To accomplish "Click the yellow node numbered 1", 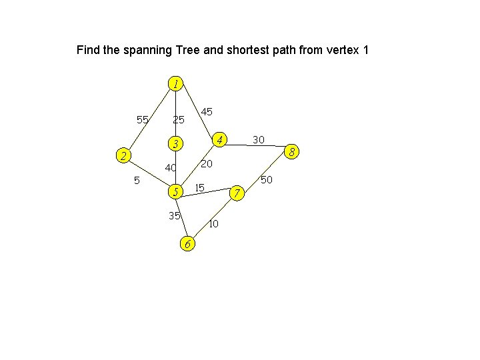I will coord(175,84).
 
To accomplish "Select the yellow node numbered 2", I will coord(121,156).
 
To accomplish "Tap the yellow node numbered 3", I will coord(175,144).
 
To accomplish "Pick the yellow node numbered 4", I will coord(219,139).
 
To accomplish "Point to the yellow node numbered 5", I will coord(175,192).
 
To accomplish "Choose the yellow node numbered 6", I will coord(188,244).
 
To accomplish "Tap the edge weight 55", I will coord(142,120).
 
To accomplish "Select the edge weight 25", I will coord(178,120).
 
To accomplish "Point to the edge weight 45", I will coord(207,111).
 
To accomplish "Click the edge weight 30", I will coord(259,139).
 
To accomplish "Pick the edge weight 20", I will coord(207,164).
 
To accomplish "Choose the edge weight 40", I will coord(171,168).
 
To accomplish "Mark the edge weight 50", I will coord(267,180).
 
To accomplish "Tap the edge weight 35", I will coord(175,215).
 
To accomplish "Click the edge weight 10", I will coord(213,224).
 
